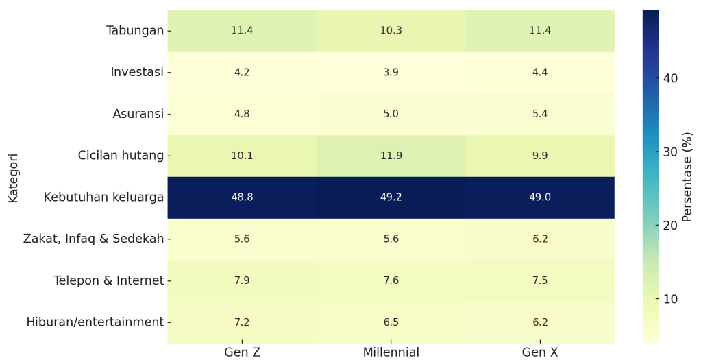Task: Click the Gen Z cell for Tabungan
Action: coord(242,31)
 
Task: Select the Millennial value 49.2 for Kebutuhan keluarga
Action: coord(391,197)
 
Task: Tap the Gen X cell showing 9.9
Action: coord(540,156)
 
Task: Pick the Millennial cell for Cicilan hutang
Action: coord(391,156)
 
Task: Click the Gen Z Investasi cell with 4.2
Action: coord(242,73)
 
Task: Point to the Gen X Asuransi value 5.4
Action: coord(540,114)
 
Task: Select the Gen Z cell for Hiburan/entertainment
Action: coord(242,322)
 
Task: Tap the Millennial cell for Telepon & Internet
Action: coord(391,280)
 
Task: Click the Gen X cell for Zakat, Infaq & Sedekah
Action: coord(540,239)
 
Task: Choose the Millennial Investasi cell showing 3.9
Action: coord(391,73)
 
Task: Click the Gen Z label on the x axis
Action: coord(242,352)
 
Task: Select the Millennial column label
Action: coord(391,352)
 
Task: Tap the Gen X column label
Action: coord(540,352)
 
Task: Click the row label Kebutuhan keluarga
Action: coord(103,197)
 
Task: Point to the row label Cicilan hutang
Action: coord(121,156)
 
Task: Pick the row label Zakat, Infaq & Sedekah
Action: coord(93,239)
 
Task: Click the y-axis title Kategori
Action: coord(13,177)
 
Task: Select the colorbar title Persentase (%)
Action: coord(688,177)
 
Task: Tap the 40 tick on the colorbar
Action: coord(670,78)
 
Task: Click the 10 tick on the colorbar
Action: coord(670,299)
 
